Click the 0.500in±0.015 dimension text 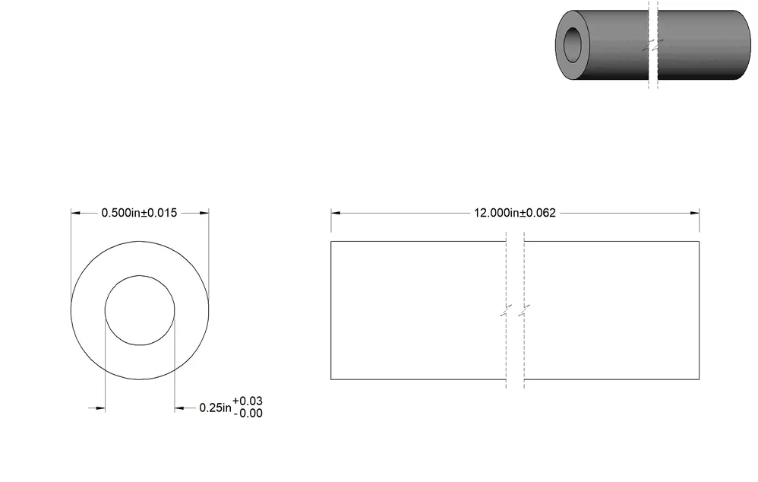point(139,213)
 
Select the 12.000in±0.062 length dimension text point(515,213)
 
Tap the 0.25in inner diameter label point(215,408)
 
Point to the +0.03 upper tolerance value point(248,401)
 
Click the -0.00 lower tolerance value point(248,414)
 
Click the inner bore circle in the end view point(105,310)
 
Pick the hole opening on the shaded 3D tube point(573,45)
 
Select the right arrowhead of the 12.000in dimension point(695,213)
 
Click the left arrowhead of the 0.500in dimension point(76,213)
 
